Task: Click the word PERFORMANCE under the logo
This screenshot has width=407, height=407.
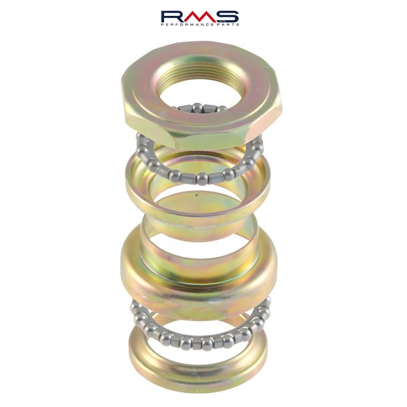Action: (187, 25)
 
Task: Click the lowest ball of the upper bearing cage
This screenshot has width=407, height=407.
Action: (202, 179)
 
